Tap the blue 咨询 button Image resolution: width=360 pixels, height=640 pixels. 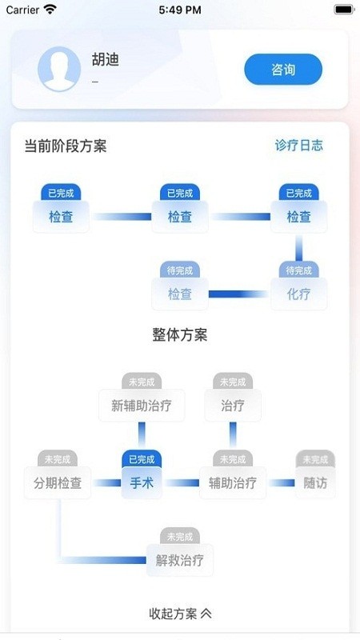tap(283, 70)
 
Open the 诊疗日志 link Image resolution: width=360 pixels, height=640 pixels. tap(299, 146)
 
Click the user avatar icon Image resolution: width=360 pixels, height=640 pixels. tap(59, 70)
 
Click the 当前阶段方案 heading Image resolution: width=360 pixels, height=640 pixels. tap(66, 146)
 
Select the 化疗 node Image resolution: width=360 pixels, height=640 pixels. tap(298, 294)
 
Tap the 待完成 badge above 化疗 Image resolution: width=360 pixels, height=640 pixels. tap(298, 270)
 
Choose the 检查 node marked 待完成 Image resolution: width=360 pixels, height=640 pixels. tap(180, 294)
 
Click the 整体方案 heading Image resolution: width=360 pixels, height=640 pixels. tap(180, 335)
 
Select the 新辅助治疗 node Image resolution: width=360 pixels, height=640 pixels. tap(142, 406)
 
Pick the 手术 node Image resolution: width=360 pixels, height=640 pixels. tap(142, 482)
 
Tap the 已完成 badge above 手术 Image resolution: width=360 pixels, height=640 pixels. tap(142, 459)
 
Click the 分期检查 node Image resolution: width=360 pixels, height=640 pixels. tap(58, 482)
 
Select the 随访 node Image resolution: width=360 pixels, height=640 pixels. tap(315, 482)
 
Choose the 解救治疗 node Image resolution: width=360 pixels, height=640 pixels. tap(180, 559)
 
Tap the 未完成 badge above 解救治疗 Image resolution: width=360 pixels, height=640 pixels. tap(180, 536)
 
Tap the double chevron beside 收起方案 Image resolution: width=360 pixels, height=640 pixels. tap(206, 614)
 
